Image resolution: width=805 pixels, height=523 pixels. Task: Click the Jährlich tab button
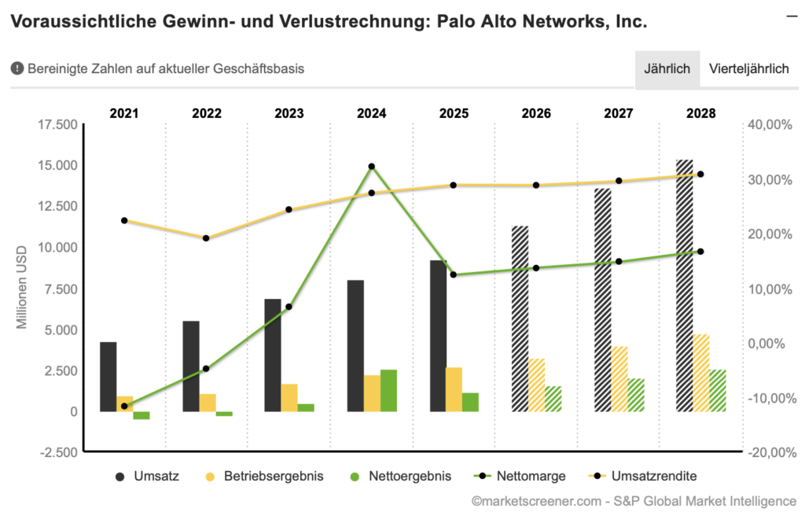[x=667, y=68]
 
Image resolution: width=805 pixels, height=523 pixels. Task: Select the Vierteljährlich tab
[x=748, y=68]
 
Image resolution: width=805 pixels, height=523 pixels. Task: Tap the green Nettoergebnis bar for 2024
[x=388, y=390]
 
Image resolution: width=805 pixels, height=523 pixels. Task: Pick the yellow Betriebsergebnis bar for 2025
[x=454, y=389]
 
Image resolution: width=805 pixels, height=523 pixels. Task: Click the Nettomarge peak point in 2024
[x=372, y=167]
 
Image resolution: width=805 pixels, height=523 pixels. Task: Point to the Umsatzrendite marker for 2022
[x=206, y=238]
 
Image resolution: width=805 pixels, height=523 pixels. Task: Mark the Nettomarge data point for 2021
[x=124, y=406]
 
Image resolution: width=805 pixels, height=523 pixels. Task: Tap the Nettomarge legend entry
[x=518, y=476]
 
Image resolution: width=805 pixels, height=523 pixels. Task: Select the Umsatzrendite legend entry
[x=641, y=476]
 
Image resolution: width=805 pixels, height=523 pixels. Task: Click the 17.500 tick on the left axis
[x=57, y=124]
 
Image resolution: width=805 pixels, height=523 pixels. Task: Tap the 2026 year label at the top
[x=536, y=112]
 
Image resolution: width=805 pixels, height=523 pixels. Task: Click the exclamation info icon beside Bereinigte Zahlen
[x=17, y=68]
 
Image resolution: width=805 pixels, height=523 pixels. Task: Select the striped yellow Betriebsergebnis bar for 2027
[x=619, y=378]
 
